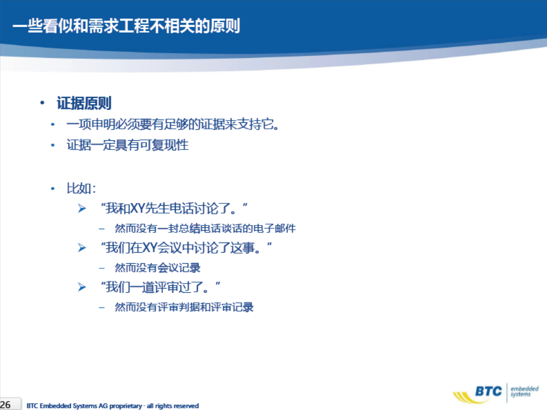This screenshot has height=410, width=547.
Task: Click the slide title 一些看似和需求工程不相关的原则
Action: [x=127, y=26]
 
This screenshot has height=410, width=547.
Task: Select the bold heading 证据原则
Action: [x=84, y=103]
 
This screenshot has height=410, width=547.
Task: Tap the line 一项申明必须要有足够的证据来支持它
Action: [x=173, y=124]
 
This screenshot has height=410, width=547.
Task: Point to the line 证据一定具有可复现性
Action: [x=128, y=145]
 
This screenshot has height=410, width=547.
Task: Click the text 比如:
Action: [x=81, y=188]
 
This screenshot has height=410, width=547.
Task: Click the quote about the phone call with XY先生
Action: [x=174, y=208]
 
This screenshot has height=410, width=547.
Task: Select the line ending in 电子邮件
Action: [x=205, y=229]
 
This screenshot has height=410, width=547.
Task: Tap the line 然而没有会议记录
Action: [x=158, y=268]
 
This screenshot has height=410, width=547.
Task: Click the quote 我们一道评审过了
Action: [x=161, y=287]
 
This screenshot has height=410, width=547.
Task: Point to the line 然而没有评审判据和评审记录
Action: [x=184, y=307]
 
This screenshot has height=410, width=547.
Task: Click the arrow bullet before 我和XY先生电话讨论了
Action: [x=82, y=208]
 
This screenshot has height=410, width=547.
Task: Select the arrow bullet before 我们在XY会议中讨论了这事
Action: [x=82, y=248]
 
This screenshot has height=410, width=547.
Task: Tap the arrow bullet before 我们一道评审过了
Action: [x=82, y=287]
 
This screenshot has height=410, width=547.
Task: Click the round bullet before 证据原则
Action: [x=42, y=103]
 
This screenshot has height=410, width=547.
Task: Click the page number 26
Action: [x=6, y=405]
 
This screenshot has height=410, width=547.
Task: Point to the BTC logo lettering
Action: [x=489, y=392]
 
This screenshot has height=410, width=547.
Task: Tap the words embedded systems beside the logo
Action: [x=524, y=392]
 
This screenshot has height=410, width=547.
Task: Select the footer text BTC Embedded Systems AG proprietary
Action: [x=84, y=406]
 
